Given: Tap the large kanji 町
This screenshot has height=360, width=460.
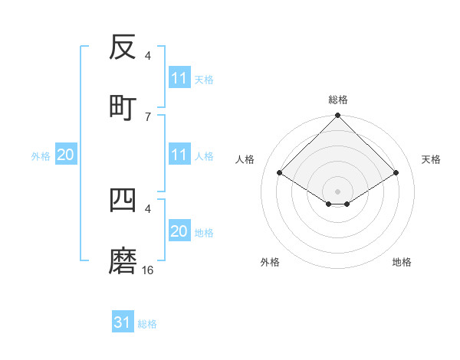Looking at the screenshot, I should (x=123, y=106).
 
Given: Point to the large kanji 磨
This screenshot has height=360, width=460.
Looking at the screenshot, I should (x=123, y=262).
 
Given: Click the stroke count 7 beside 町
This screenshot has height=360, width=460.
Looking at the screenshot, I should (x=148, y=116).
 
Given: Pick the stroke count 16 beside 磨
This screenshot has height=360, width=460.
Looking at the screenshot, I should (x=148, y=270).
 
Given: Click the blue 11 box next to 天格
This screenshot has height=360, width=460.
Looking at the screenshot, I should (x=179, y=78).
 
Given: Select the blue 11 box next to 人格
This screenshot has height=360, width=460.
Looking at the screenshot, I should (x=179, y=155).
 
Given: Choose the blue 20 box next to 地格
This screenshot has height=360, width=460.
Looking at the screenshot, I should (x=179, y=231).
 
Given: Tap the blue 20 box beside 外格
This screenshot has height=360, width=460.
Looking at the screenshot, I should (x=66, y=155).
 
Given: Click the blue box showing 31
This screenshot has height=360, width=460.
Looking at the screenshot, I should (x=123, y=322).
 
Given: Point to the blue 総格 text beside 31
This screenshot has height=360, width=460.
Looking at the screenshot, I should (x=147, y=324).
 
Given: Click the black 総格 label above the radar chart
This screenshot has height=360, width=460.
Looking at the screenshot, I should (x=337, y=100).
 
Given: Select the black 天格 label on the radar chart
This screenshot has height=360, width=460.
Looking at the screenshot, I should (x=431, y=159).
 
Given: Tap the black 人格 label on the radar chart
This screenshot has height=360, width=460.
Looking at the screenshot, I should (x=245, y=159).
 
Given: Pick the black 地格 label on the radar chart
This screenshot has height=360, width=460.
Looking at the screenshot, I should (x=402, y=262).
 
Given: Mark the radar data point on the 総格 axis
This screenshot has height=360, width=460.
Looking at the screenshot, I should (x=337, y=116).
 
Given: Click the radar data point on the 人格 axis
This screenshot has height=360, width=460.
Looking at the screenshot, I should (x=280, y=173).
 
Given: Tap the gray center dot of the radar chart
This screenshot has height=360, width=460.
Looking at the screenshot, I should (x=337, y=191).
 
